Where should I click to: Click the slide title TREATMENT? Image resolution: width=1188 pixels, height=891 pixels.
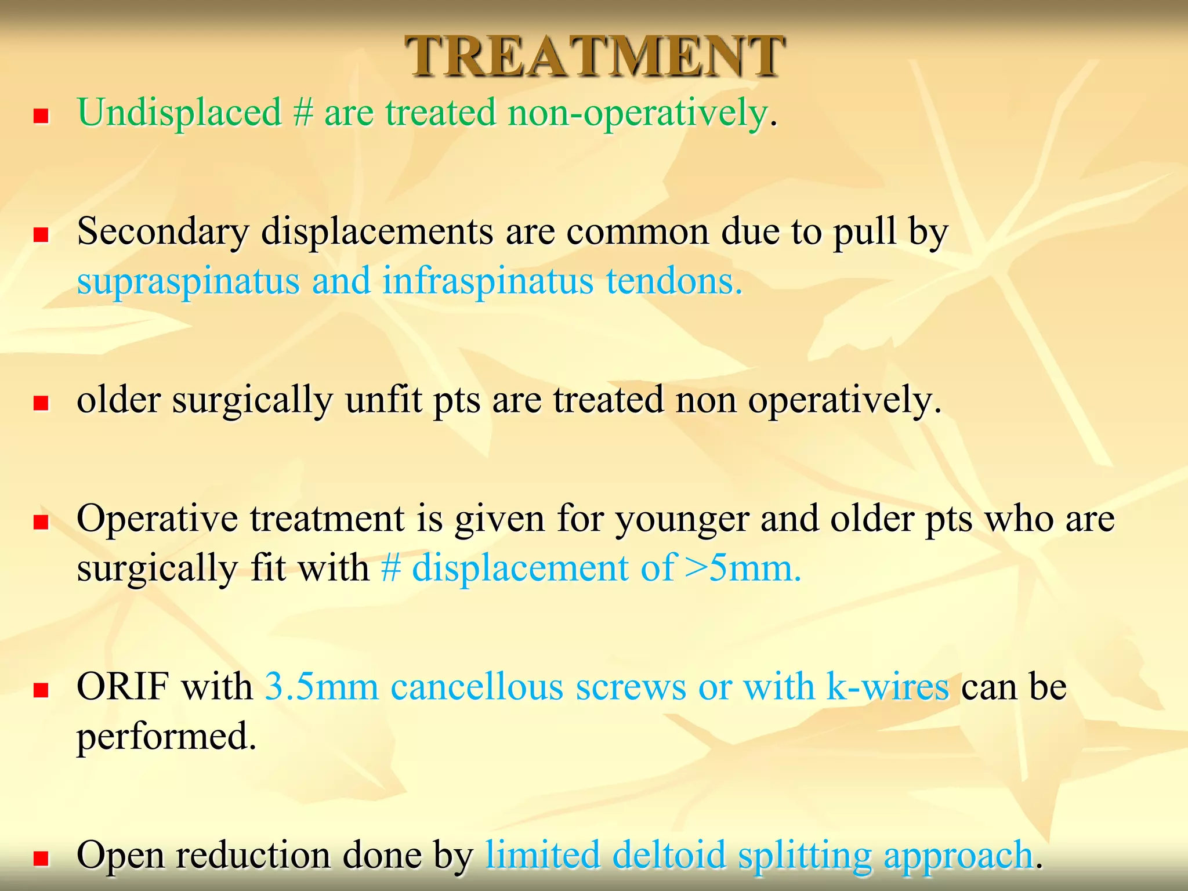point(594,56)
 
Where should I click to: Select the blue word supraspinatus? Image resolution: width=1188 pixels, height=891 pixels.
point(189,282)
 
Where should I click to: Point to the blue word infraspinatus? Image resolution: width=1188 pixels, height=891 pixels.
point(488,282)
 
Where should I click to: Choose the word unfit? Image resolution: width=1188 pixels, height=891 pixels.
point(383,400)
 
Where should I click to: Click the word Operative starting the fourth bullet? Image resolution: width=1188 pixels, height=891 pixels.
point(157,519)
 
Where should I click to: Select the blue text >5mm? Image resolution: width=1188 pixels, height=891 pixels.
point(743,568)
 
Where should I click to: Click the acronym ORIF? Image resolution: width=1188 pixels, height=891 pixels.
point(124,687)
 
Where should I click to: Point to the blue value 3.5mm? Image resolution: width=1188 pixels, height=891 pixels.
point(321,687)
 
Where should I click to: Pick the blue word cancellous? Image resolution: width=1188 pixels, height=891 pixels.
point(477,687)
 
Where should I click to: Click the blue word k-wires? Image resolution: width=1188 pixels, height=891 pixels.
point(888,687)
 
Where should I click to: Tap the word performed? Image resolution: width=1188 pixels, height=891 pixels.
point(166,737)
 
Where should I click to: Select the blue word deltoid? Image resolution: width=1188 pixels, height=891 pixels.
point(669,856)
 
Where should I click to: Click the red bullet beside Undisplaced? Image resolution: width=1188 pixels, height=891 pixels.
point(41,117)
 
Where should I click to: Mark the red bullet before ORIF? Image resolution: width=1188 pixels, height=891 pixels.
point(41,691)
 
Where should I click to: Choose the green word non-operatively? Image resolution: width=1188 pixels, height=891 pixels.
point(638,113)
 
